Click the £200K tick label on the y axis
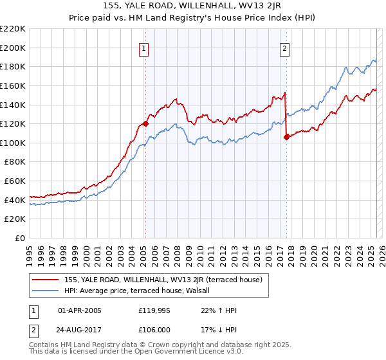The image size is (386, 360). [13, 48]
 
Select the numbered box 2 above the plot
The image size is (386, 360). [284, 47]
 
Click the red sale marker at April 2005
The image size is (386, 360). [145, 123]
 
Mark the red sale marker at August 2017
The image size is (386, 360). [286, 136]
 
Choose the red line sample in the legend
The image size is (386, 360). [46, 280]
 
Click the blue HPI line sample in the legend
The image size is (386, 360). [46, 291]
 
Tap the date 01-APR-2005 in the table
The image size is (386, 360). [79, 310]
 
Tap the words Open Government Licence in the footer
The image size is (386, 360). [189, 353]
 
